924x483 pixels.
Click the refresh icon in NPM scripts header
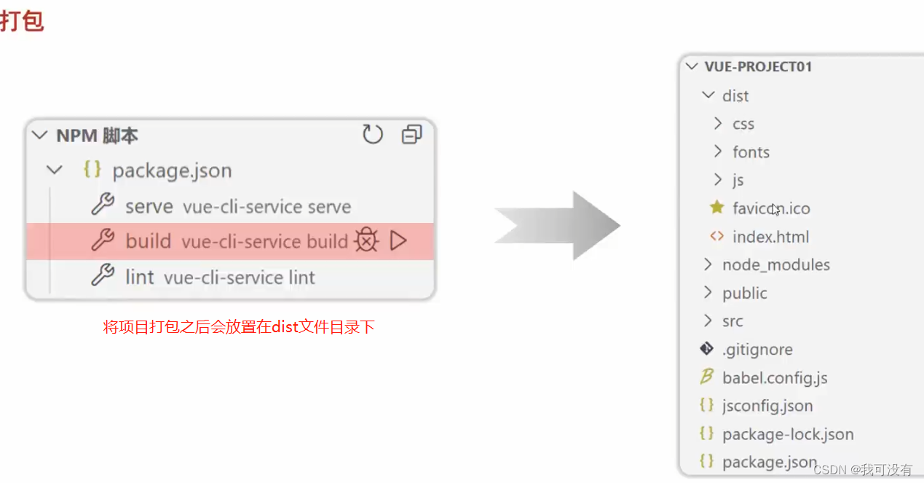[x=373, y=134]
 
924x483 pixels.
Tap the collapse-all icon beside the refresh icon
[x=411, y=134]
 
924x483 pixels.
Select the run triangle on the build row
[x=398, y=240]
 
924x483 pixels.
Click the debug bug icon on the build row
[x=366, y=240]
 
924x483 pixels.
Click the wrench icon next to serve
[x=103, y=205]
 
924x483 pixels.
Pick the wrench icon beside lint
[x=103, y=276]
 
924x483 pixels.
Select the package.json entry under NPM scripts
[x=171, y=170]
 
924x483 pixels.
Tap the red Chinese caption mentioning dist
[x=239, y=327]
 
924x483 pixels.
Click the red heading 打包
[x=22, y=20]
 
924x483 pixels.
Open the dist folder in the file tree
[x=735, y=96]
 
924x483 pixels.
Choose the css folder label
[x=743, y=125]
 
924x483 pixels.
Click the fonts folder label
[x=751, y=152]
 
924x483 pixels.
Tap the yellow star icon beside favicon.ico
[x=716, y=208]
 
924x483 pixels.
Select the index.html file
[x=770, y=237]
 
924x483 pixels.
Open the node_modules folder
[x=775, y=264]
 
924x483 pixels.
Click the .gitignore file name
[x=757, y=350]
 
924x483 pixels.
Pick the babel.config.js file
[x=775, y=378]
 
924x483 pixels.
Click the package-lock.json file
[x=788, y=434]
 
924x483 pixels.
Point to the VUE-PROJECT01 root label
[x=758, y=67]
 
